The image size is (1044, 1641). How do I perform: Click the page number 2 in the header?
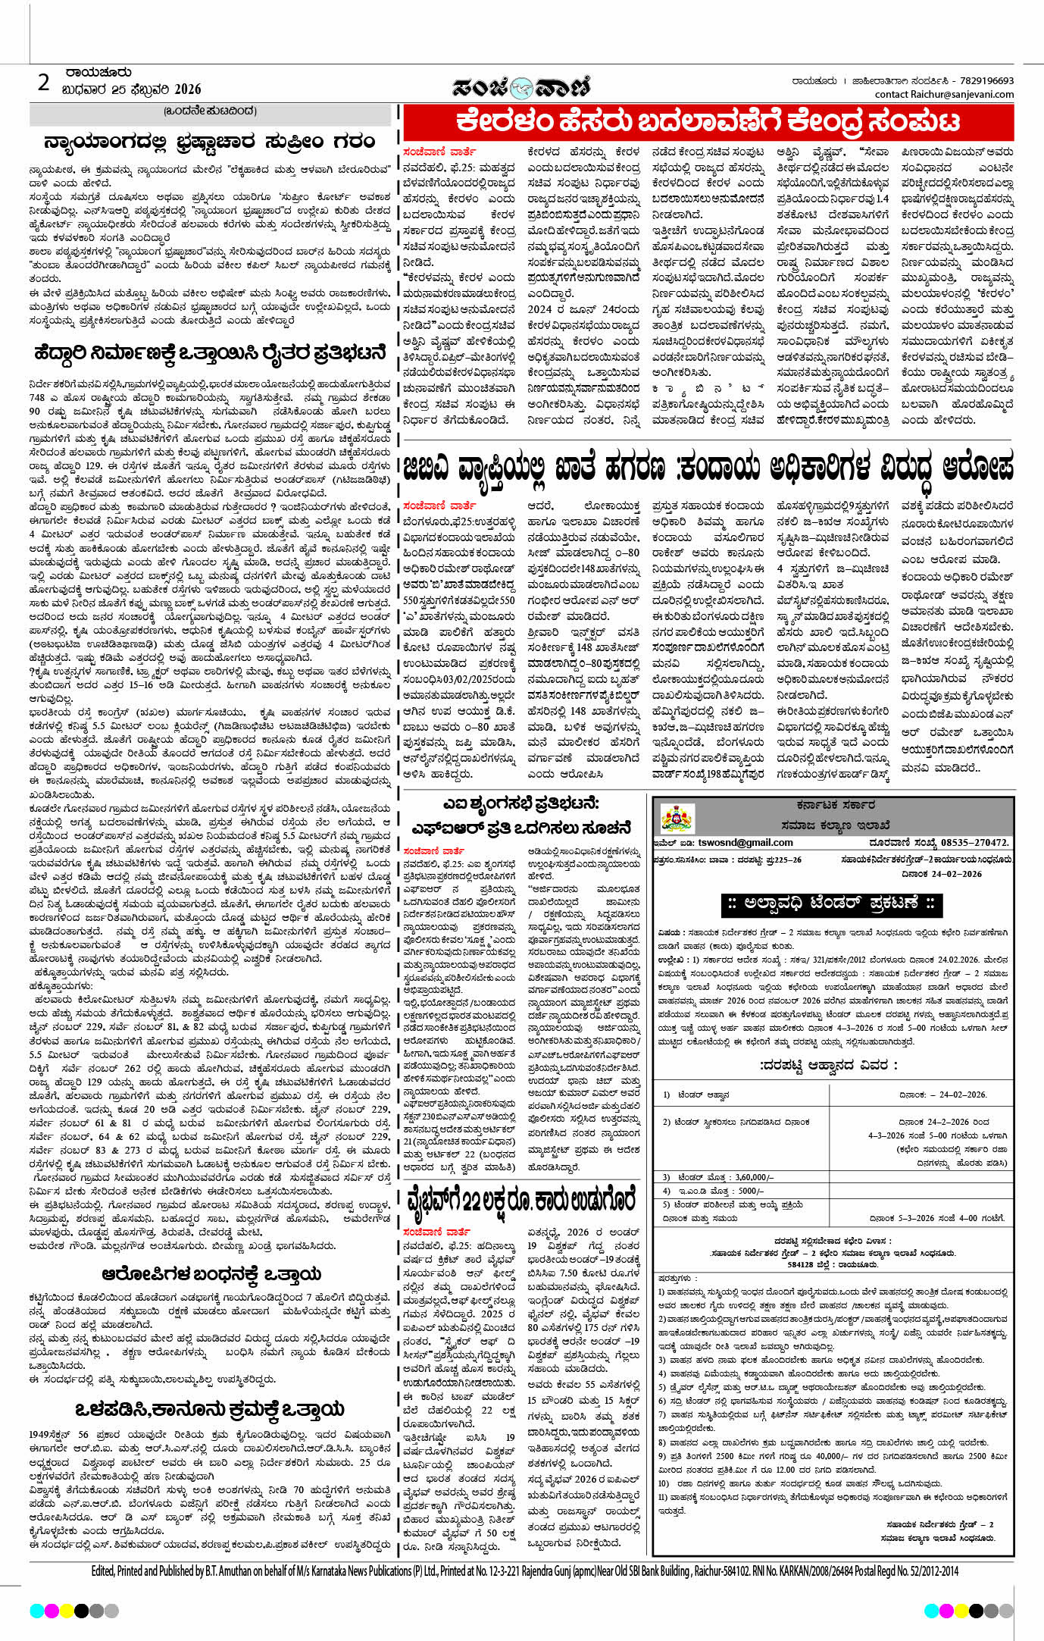pos(44,83)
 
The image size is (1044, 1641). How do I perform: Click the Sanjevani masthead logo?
pos(521,88)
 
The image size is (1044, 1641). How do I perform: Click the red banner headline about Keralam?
pos(708,122)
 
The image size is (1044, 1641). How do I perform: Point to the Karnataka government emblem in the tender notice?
pos(677,819)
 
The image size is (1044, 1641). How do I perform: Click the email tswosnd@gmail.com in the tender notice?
pos(745,842)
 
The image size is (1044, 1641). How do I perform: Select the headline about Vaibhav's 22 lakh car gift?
pos(521,1201)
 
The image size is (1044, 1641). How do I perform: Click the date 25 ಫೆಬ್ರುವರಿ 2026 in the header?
pos(131,89)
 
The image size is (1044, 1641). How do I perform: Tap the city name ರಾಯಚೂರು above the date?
pos(98,74)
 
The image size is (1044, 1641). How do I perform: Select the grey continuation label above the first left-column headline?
pos(210,112)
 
